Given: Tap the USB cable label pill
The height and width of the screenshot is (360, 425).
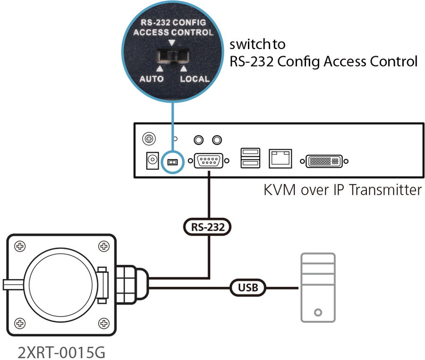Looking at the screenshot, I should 248,287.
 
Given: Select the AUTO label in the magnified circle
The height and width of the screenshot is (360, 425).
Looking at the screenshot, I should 151,78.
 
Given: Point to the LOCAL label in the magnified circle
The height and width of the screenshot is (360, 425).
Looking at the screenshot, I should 194,78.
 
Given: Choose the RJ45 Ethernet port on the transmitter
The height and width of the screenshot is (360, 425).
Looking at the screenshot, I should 280,158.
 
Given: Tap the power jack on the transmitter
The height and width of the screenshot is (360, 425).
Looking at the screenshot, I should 152,161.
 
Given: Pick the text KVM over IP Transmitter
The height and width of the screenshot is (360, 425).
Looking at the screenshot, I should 342,190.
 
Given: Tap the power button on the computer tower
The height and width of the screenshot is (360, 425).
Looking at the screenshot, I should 318,312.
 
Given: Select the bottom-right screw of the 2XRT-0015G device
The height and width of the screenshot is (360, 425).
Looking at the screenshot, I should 103,323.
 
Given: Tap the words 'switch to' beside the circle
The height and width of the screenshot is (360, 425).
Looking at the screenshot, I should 257,45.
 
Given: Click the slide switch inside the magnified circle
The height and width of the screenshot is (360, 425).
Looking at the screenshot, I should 172,59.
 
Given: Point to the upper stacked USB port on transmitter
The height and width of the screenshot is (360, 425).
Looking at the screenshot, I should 250,152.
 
